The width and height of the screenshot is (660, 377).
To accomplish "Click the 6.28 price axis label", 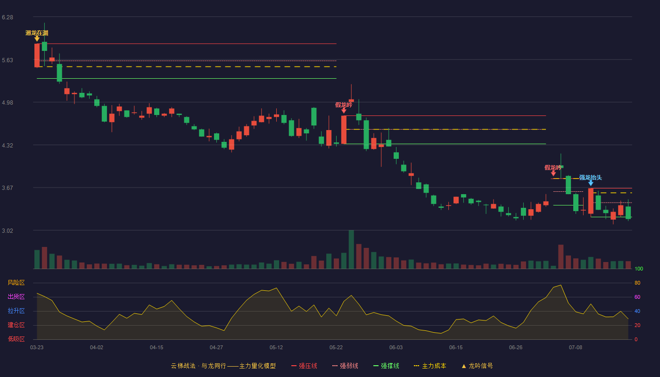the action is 8,17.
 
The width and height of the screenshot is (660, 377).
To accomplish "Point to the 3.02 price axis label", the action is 8,230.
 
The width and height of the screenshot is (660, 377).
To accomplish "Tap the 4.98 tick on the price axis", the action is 8,103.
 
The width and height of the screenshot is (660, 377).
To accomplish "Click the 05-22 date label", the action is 336,348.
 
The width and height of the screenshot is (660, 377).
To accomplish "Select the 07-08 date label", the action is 576,348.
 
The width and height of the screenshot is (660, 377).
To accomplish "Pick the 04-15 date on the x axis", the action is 157,348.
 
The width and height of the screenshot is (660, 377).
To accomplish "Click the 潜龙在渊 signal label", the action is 37,33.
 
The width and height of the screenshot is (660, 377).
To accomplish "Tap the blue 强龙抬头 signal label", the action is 590,177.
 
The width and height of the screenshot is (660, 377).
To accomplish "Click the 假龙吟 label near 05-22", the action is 344,105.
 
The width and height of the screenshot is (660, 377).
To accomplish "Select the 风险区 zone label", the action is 16,283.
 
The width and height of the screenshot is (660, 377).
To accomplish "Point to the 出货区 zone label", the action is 16,296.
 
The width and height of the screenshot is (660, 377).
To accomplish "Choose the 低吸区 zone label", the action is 16,339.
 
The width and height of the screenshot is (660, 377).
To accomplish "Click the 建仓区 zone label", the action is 16,325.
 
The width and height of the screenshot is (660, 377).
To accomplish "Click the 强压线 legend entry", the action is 304,366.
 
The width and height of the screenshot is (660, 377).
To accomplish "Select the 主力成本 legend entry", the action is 430,366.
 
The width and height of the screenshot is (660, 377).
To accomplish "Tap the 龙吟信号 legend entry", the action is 477,366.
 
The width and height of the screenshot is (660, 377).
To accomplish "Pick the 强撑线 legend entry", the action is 386,366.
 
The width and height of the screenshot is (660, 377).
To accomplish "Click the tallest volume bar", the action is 351,249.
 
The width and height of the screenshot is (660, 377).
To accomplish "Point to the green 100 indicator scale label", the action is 639,269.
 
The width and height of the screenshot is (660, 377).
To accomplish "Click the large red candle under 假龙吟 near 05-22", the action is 344,130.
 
